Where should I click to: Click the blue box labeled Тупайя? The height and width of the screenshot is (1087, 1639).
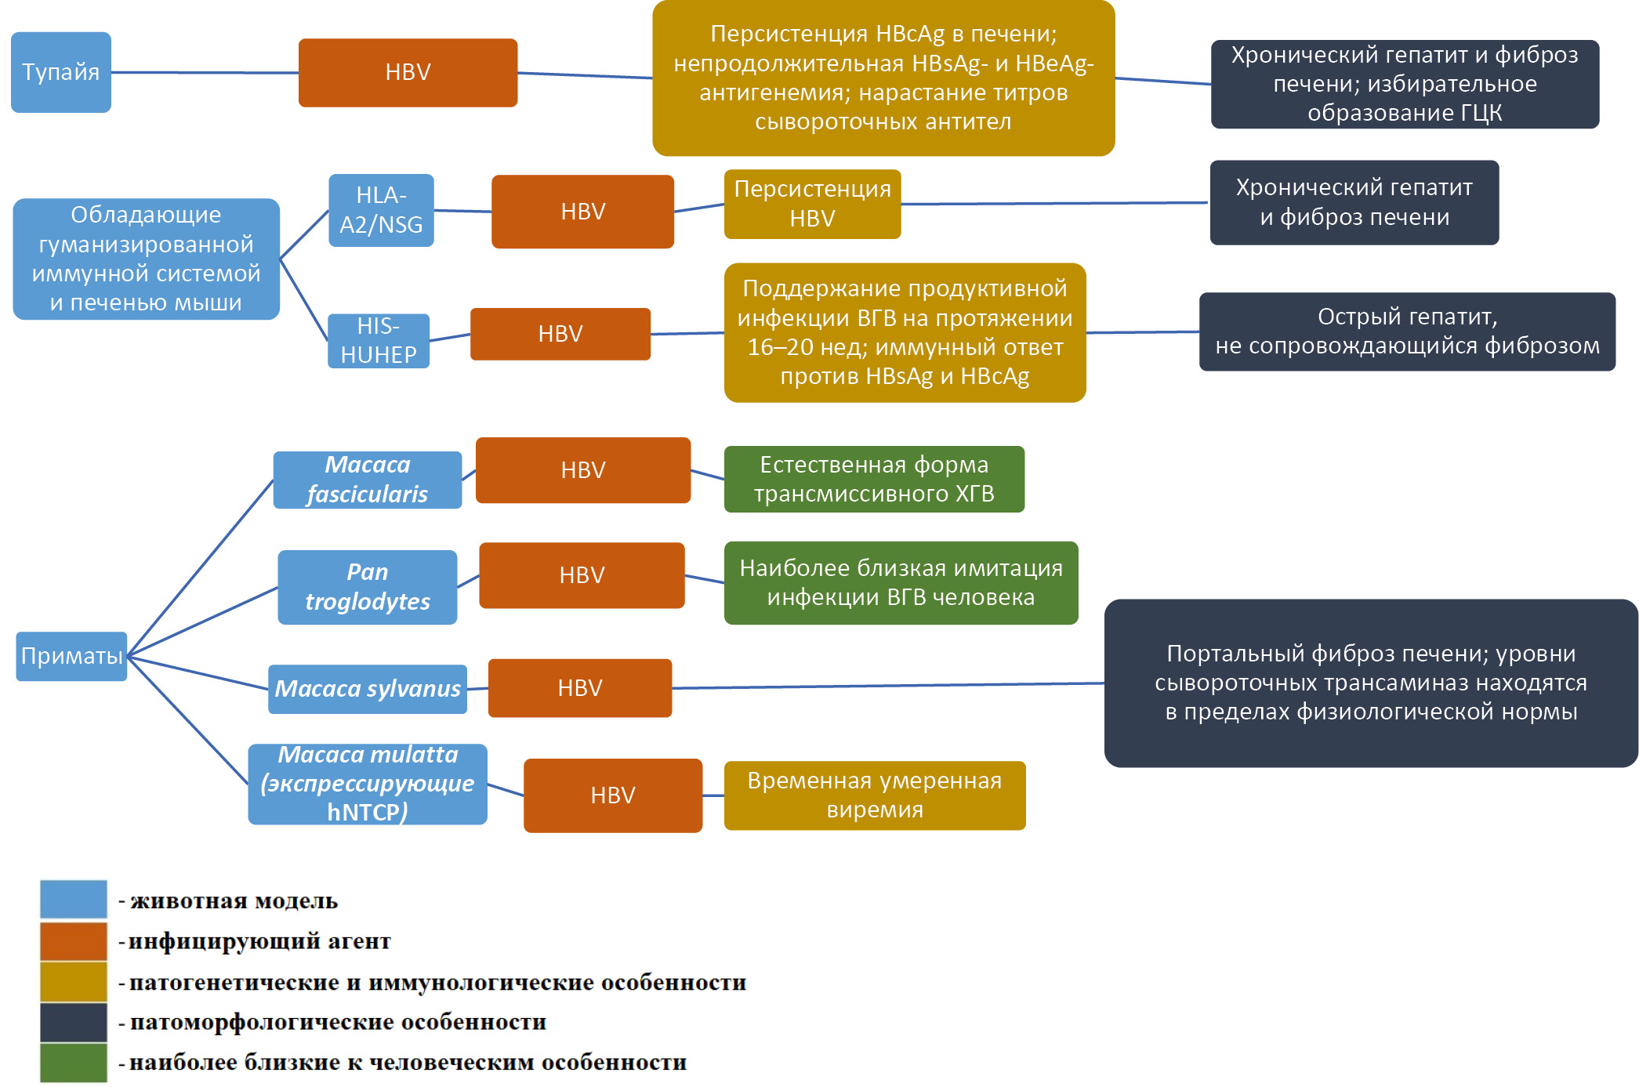point(61,72)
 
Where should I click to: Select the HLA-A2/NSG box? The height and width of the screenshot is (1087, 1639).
point(381,210)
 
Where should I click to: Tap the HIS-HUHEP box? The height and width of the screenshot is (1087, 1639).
point(379,341)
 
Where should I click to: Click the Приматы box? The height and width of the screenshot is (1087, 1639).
point(71,656)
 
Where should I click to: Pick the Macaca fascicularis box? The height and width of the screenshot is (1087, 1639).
point(367,480)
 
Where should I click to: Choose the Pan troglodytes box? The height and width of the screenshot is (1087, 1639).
point(367,587)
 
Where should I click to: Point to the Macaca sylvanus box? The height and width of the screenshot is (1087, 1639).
point(367,689)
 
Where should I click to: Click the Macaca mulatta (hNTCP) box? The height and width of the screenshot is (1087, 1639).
point(367,784)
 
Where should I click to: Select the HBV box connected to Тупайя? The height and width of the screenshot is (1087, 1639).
point(408,72)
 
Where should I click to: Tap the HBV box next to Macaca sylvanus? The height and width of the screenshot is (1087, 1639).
point(579,688)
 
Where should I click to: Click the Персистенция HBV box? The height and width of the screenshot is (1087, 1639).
point(812,204)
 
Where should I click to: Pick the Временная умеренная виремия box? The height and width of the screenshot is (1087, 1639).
point(874,795)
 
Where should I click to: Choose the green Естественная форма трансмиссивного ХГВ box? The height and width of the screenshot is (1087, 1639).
point(874,479)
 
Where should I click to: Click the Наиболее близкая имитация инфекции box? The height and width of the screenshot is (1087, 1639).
point(901,582)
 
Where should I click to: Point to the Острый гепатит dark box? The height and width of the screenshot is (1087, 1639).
point(1407,332)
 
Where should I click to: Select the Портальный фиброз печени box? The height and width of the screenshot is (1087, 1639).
point(1370,683)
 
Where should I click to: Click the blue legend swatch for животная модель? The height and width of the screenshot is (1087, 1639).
point(74,899)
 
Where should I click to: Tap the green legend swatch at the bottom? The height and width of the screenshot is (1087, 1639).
point(74,1062)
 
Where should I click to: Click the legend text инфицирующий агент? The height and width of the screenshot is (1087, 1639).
point(259,941)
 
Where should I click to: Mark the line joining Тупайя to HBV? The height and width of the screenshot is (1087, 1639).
point(204,73)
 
